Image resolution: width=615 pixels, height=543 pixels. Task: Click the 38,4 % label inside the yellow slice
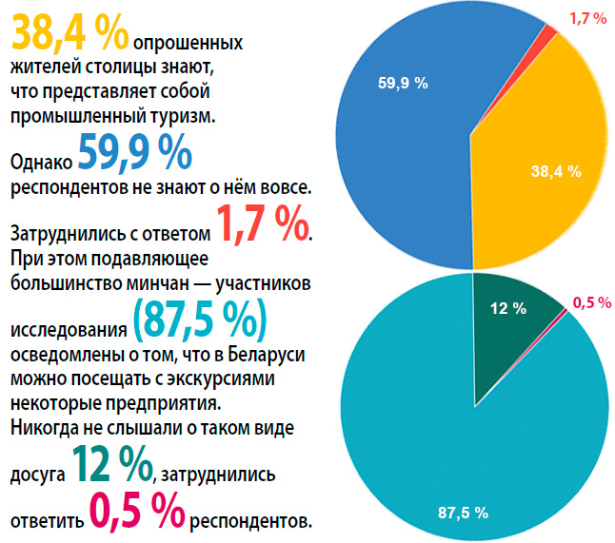[555, 171]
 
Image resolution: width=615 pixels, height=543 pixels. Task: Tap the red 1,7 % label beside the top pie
[587, 18]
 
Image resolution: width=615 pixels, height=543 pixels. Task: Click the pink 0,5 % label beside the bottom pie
[590, 302]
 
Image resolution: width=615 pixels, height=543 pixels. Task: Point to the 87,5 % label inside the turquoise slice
[463, 513]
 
